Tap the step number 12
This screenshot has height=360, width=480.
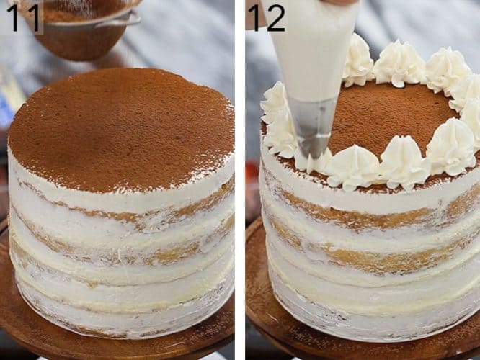click(266, 17)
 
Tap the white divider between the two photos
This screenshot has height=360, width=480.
click(240, 180)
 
